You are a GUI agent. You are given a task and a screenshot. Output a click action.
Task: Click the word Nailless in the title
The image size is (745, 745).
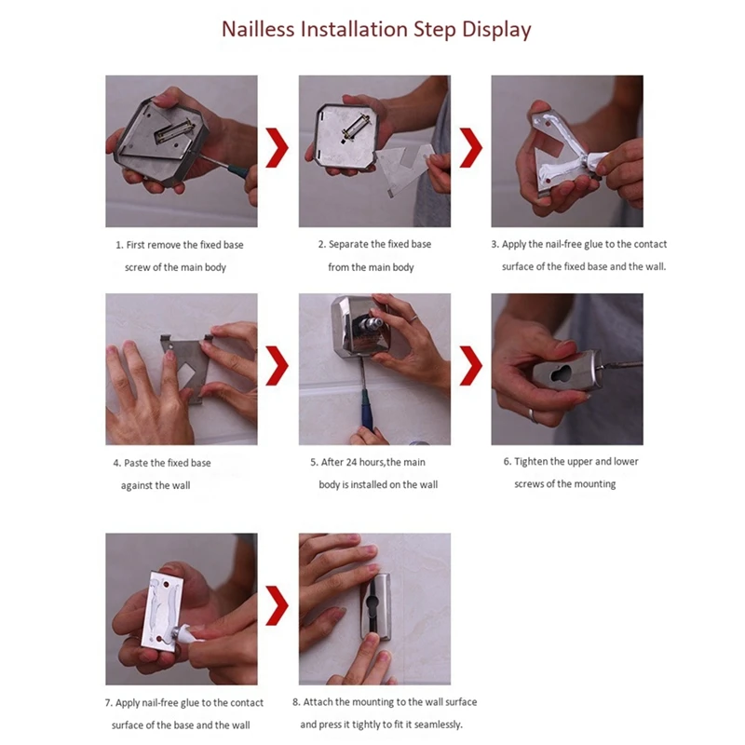(x=259, y=29)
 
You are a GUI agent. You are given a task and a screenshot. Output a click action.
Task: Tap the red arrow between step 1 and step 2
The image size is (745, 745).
(x=277, y=147)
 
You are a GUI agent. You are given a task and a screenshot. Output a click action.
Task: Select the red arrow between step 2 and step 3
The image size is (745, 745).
(x=471, y=147)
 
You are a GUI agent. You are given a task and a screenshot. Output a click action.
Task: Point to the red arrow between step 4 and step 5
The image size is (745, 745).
(x=277, y=365)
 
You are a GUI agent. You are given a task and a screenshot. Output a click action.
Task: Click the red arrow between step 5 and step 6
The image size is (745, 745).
(x=471, y=365)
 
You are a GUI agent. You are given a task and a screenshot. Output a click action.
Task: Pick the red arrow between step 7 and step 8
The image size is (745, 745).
(x=277, y=605)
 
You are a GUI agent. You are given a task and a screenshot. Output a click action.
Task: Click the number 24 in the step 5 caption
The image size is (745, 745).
(x=352, y=462)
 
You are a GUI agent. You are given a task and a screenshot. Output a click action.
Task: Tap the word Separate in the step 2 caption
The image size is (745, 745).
(x=348, y=245)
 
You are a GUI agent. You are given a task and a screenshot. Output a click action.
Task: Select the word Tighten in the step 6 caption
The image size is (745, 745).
(x=531, y=462)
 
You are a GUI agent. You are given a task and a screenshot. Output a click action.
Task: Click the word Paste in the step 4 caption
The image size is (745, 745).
(x=135, y=463)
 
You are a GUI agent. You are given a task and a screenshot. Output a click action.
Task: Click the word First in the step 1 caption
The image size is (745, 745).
(x=135, y=245)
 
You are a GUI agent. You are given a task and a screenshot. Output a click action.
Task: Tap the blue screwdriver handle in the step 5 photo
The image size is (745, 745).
(x=367, y=409)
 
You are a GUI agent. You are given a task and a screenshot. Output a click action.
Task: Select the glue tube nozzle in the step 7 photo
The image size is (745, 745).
(x=183, y=633)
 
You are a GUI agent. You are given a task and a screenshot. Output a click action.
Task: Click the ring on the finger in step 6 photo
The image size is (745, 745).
(x=534, y=415)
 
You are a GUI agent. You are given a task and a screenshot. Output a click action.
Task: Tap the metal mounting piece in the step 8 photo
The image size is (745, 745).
(x=375, y=607)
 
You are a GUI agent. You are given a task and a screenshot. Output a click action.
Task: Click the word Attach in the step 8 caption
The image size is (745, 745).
(x=318, y=702)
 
